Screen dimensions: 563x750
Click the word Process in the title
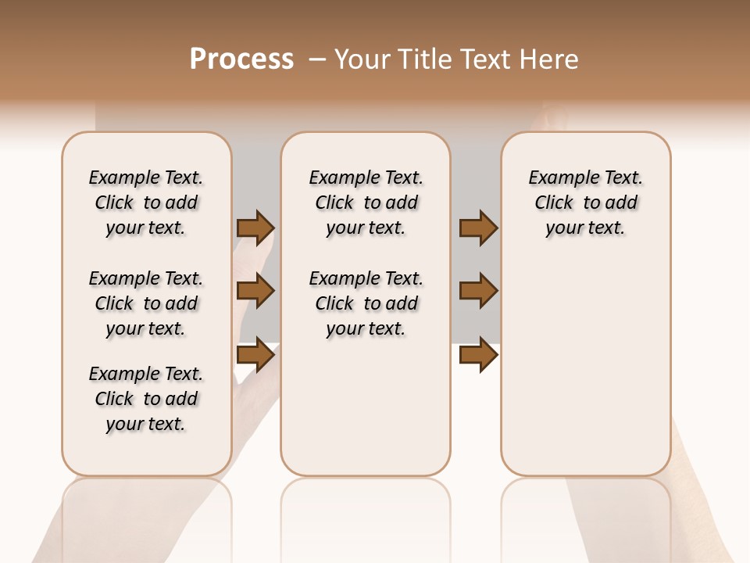(x=241, y=59)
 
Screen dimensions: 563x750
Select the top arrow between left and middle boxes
(x=255, y=228)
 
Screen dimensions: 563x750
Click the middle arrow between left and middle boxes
(x=255, y=291)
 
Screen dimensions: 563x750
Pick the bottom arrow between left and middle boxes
(x=255, y=355)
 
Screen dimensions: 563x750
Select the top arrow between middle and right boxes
(x=478, y=228)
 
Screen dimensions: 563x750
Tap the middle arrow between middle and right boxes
(x=478, y=291)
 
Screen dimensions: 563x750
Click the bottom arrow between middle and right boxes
(x=478, y=355)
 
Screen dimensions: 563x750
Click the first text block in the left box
(x=146, y=203)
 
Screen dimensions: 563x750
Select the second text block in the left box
(x=146, y=303)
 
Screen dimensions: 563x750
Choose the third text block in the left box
(x=146, y=399)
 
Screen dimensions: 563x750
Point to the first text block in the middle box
(x=366, y=203)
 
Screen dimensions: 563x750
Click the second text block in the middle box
(x=366, y=303)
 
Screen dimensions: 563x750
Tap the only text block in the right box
(x=586, y=203)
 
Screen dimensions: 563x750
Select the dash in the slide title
(x=317, y=59)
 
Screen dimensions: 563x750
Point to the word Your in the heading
(x=361, y=59)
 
